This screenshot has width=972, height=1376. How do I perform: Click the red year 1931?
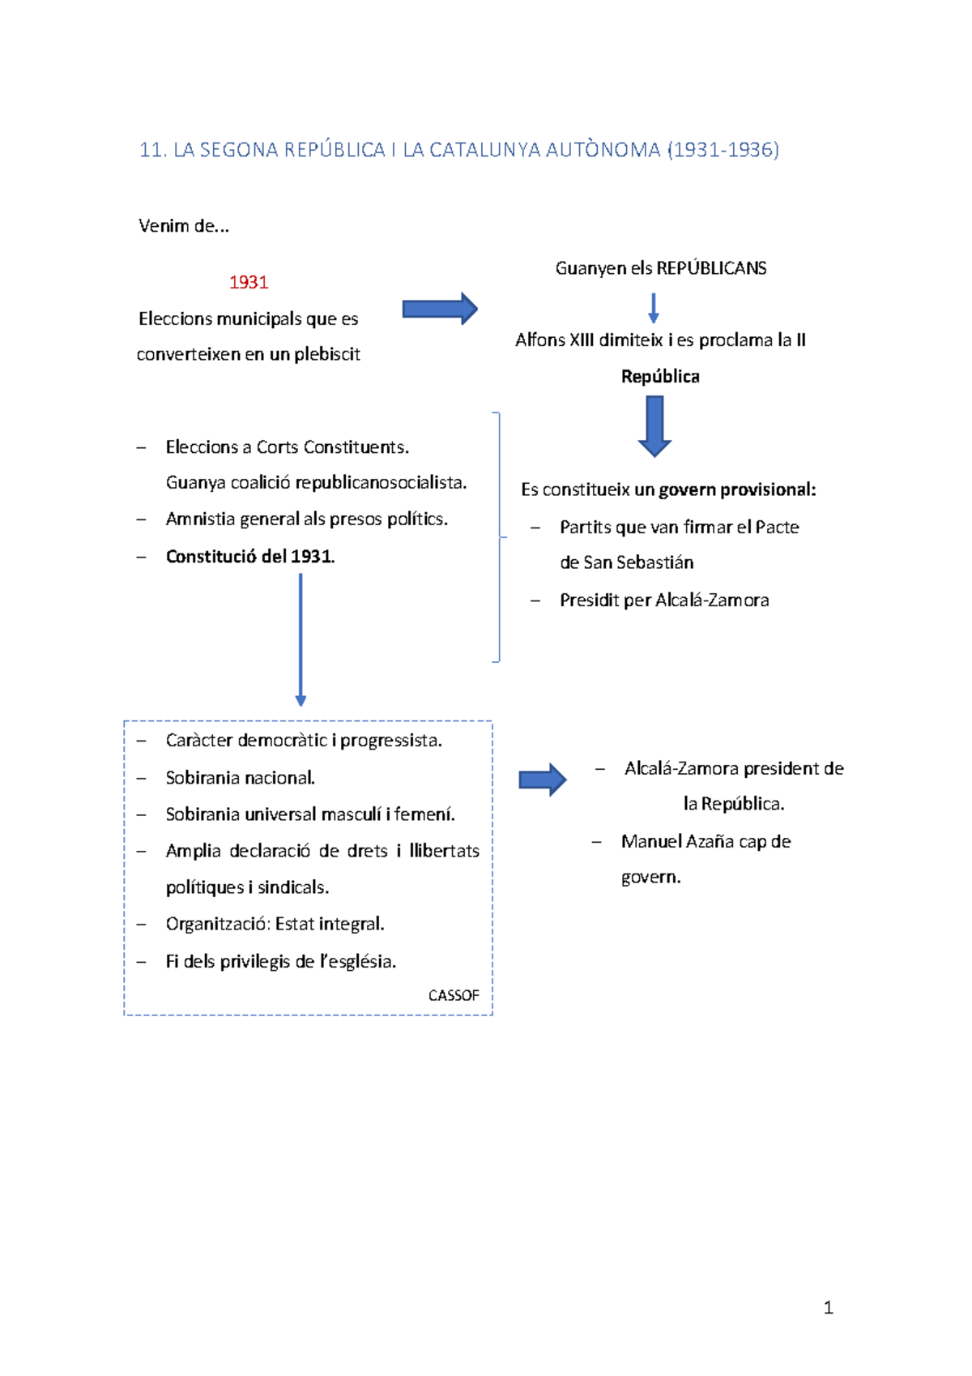click(249, 283)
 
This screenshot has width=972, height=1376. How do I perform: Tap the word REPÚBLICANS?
click(712, 268)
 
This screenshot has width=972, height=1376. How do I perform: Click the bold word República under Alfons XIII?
click(660, 377)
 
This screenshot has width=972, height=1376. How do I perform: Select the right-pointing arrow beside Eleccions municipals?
click(440, 309)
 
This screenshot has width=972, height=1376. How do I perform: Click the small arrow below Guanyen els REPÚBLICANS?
click(654, 309)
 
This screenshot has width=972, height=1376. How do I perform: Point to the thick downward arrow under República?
click(654, 426)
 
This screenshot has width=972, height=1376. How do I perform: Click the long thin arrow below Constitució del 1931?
click(301, 639)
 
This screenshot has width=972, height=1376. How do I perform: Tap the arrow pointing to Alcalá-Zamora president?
click(543, 780)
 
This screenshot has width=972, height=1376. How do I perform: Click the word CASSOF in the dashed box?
click(454, 996)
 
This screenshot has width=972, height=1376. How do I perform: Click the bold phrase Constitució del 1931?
click(250, 557)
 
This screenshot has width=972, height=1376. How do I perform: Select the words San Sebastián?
click(638, 562)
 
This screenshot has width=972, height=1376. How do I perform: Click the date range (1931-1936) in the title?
click(723, 150)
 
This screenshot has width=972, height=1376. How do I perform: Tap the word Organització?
click(218, 925)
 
